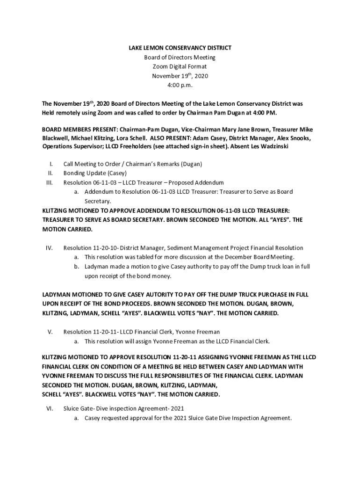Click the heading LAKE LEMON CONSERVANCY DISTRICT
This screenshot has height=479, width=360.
[180, 48]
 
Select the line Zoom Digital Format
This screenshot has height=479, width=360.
[180, 67]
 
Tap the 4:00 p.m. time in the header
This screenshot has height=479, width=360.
[180, 86]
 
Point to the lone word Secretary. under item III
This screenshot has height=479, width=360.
[97, 201]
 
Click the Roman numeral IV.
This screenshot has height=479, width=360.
[49, 248]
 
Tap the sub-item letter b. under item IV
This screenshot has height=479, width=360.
[76, 267]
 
